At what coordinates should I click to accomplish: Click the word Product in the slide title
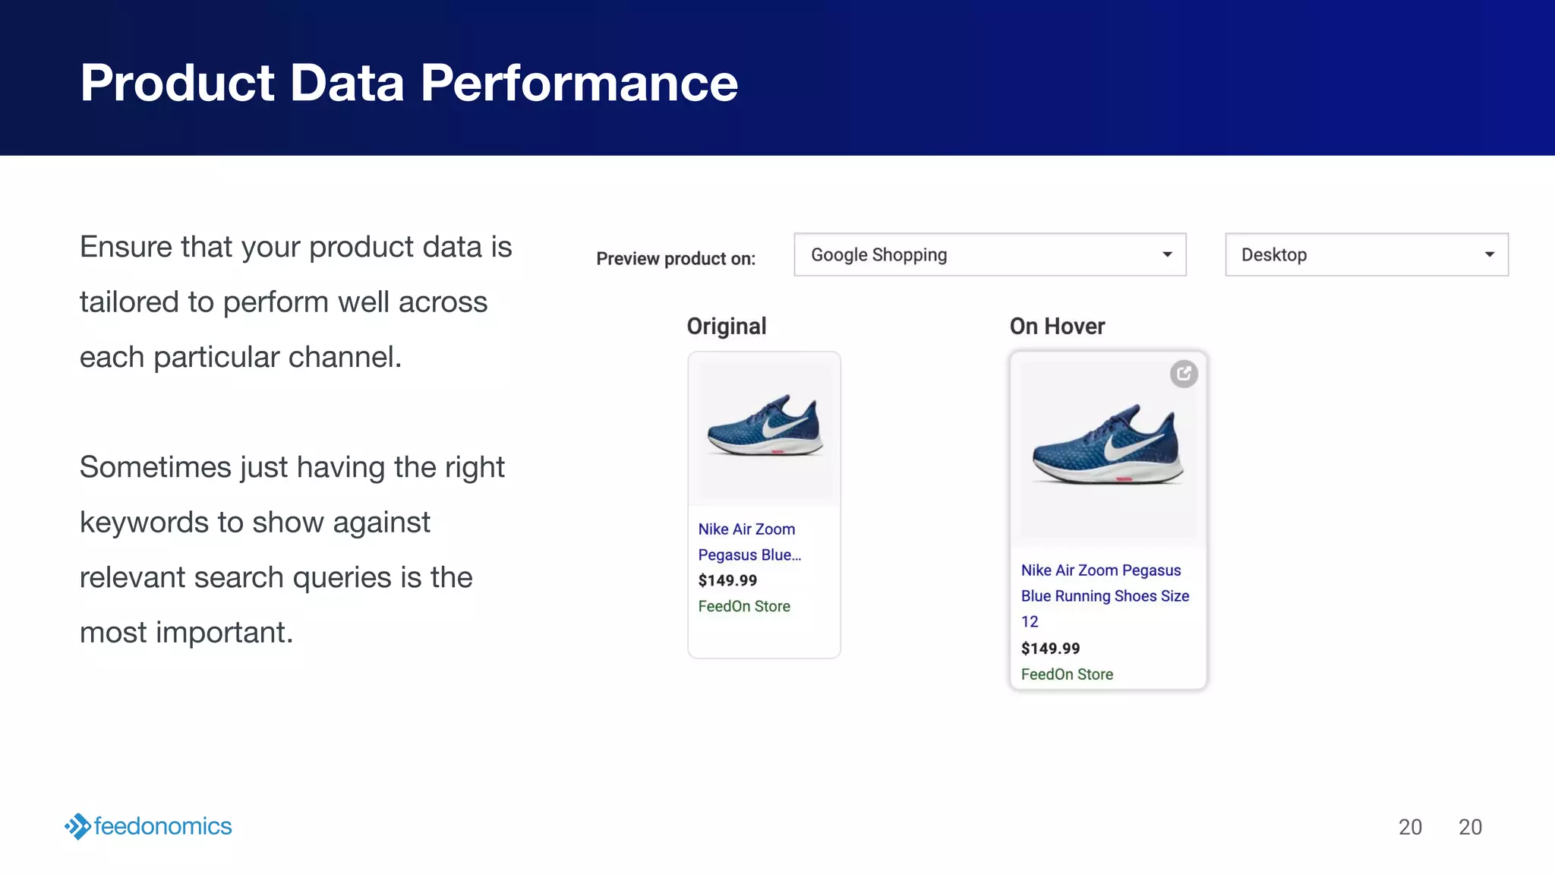click(x=177, y=84)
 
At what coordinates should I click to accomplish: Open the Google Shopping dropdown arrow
click(x=1167, y=254)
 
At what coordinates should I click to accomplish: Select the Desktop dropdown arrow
click(x=1489, y=254)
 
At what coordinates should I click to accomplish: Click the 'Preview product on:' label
click(x=676, y=259)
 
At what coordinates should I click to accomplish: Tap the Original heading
click(x=727, y=327)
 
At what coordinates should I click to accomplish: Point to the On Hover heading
click(x=1057, y=327)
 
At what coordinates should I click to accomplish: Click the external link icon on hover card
click(x=1184, y=374)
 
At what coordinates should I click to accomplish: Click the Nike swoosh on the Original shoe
click(x=782, y=426)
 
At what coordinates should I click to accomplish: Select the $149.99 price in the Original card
click(x=727, y=581)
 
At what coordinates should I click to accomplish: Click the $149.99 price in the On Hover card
click(x=1050, y=649)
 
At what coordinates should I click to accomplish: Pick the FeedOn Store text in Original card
click(x=744, y=607)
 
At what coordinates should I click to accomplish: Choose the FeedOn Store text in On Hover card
click(x=1067, y=674)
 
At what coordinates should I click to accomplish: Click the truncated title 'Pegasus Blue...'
click(x=749, y=555)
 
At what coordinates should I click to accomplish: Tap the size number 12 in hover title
click(x=1030, y=622)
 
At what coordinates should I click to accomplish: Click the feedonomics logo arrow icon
click(x=77, y=826)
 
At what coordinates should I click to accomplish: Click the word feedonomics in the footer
click(x=162, y=826)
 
